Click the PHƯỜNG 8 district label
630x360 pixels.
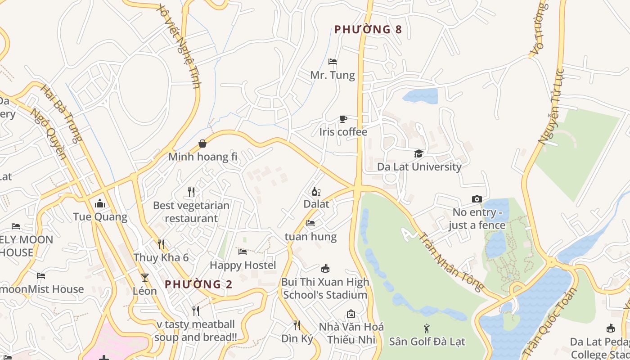pos(368,30)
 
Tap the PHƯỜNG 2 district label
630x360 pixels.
pos(198,284)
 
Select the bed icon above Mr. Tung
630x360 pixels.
pos(333,61)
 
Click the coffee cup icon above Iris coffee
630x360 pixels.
pos(343,119)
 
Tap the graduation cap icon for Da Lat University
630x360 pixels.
pos(419,153)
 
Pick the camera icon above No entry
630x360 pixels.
pos(477,199)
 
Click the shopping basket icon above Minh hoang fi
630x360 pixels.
pos(202,144)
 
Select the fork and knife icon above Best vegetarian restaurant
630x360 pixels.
pos(191,192)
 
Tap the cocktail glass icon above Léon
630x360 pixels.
pos(145,277)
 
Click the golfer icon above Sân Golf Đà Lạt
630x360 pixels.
pos(427,328)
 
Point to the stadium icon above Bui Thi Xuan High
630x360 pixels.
pos(325,269)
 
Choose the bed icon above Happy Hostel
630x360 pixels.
pos(243,252)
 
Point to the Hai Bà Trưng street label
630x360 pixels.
pos(62,113)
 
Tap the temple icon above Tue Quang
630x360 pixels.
pos(100,204)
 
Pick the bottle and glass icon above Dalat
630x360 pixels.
pos(316,191)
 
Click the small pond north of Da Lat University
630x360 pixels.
pos(420,96)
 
